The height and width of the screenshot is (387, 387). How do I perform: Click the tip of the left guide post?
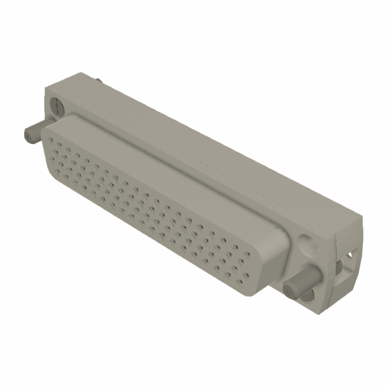29,134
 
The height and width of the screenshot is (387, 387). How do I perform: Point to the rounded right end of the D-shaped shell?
276,256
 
